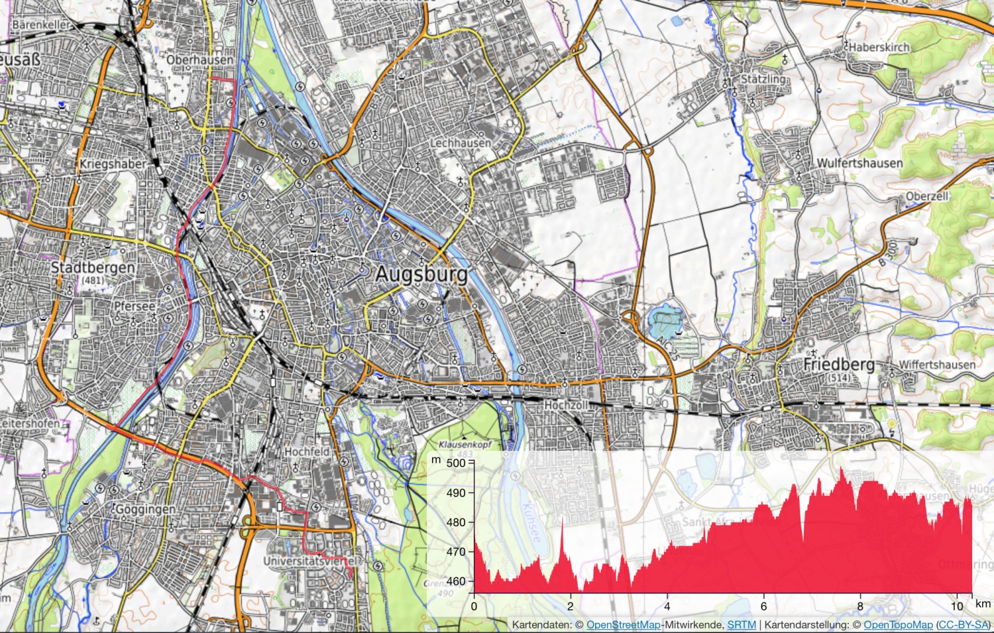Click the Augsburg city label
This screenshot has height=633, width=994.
(421, 274)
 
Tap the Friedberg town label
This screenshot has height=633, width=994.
(838, 365)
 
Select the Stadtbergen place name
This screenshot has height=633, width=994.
(93, 268)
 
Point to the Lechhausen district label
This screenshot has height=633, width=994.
(461, 143)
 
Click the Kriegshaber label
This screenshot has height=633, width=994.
(112, 164)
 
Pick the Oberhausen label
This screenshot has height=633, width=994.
(199, 60)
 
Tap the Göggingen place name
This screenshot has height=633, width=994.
(145, 509)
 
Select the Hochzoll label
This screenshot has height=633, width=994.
(565, 404)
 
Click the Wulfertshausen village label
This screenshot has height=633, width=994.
(859, 163)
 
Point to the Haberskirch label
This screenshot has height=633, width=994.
(879, 47)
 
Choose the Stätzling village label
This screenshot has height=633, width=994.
(763, 79)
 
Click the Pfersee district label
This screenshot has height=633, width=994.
(135, 306)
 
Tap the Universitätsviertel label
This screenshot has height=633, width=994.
(310, 561)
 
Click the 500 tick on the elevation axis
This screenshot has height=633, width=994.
(456, 463)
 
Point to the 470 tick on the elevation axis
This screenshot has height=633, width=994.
(456, 551)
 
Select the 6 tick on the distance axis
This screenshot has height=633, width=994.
(763, 606)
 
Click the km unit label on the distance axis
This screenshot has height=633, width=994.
(983, 604)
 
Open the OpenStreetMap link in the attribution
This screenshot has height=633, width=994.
(623, 624)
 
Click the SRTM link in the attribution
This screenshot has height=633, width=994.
(741, 624)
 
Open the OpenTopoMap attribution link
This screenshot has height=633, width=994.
(898, 624)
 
